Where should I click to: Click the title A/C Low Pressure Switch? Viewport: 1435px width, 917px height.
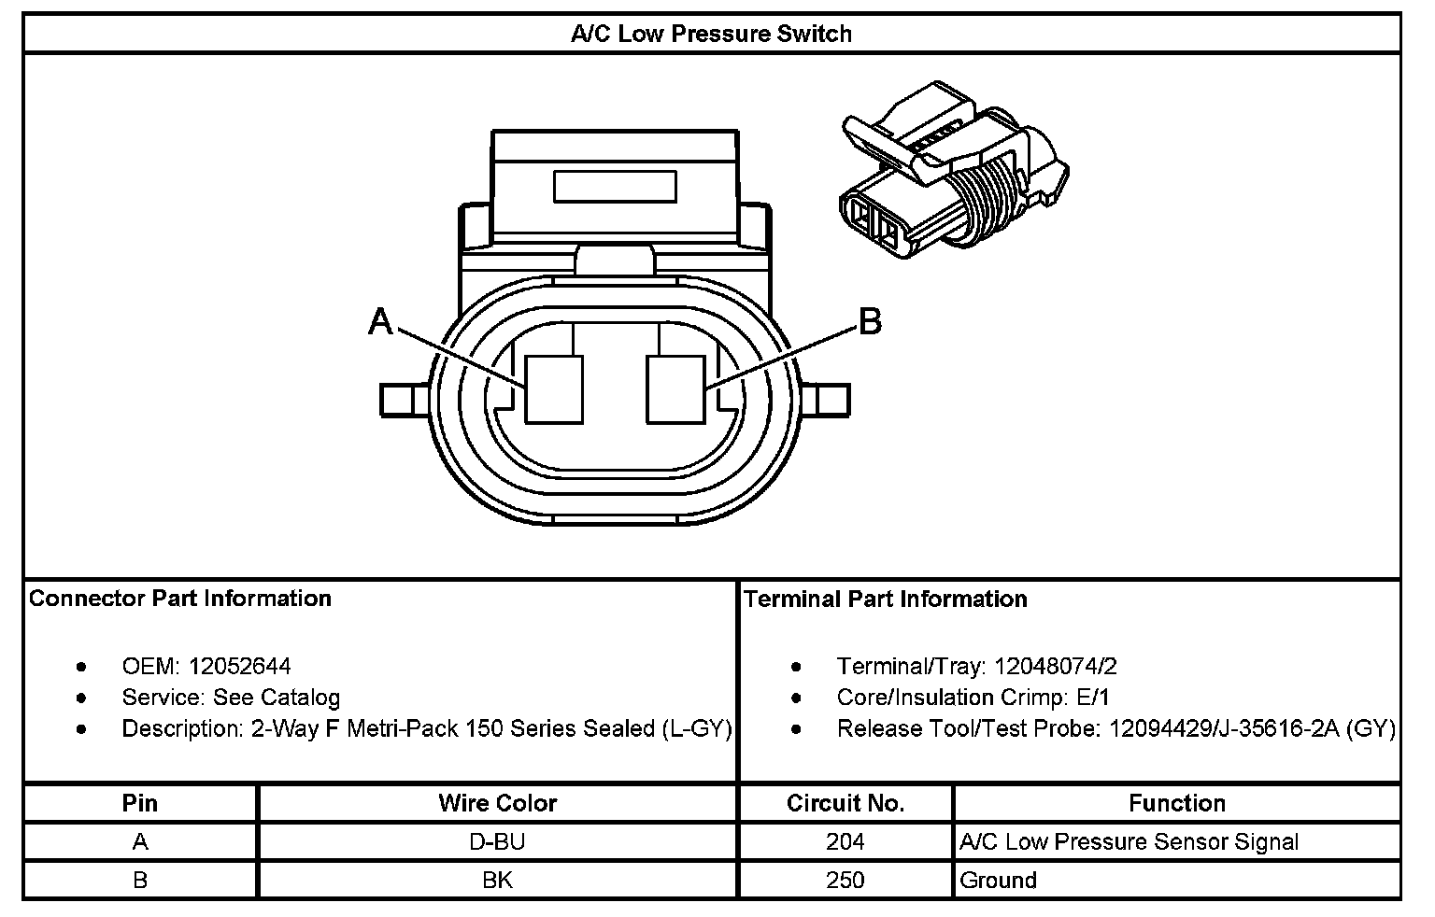[711, 35]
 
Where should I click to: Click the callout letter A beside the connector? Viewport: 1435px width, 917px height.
[380, 322]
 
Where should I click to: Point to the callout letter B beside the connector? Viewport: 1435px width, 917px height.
[870, 322]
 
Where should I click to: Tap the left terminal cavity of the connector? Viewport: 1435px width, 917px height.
[554, 388]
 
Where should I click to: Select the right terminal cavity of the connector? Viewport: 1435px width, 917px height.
[676, 388]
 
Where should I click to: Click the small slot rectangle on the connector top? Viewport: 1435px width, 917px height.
[615, 186]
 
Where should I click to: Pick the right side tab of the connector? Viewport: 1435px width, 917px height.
[831, 400]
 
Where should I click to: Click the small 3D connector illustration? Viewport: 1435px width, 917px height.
[953, 172]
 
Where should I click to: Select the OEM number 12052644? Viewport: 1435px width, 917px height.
[239, 666]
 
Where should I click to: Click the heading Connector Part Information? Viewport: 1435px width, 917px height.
[180, 599]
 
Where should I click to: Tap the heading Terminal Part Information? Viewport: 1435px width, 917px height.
[886, 599]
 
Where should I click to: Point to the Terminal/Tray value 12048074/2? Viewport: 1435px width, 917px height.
[1056, 666]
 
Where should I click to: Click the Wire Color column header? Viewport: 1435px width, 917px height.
[497, 803]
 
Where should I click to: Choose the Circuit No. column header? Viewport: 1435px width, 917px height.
[845, 803]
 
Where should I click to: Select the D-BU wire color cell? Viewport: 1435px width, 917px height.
[497, 841]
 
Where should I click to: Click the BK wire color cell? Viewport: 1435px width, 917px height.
[497, 880]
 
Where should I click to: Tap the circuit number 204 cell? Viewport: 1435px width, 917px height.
[845, 841]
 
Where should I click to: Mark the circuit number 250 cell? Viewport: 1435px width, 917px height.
[845, 880]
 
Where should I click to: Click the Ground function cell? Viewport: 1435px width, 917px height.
[998, 880]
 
